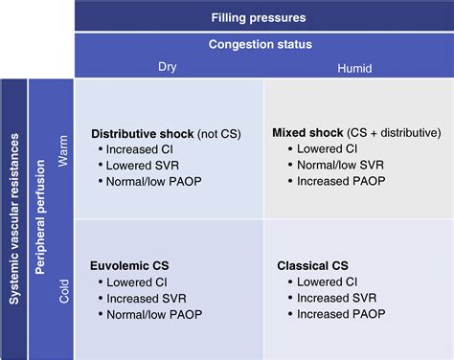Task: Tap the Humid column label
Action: point(356,67)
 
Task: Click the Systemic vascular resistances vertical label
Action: point(13,218)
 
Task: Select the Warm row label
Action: point(62,148)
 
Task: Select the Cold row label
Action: point(62,287)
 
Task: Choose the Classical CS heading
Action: point(311,265)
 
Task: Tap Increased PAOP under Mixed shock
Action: point(340,180)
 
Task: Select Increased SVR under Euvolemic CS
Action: point(147,298)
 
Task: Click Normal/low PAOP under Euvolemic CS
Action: point(154,313)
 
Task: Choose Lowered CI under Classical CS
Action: point(327,281)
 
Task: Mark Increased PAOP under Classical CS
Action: point(340,313)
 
